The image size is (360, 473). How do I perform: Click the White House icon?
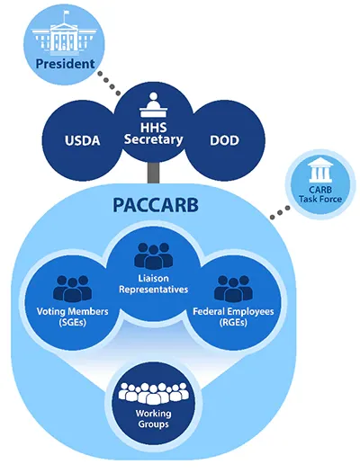pos(63,35)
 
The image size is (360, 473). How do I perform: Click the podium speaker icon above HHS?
pos(154,106)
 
